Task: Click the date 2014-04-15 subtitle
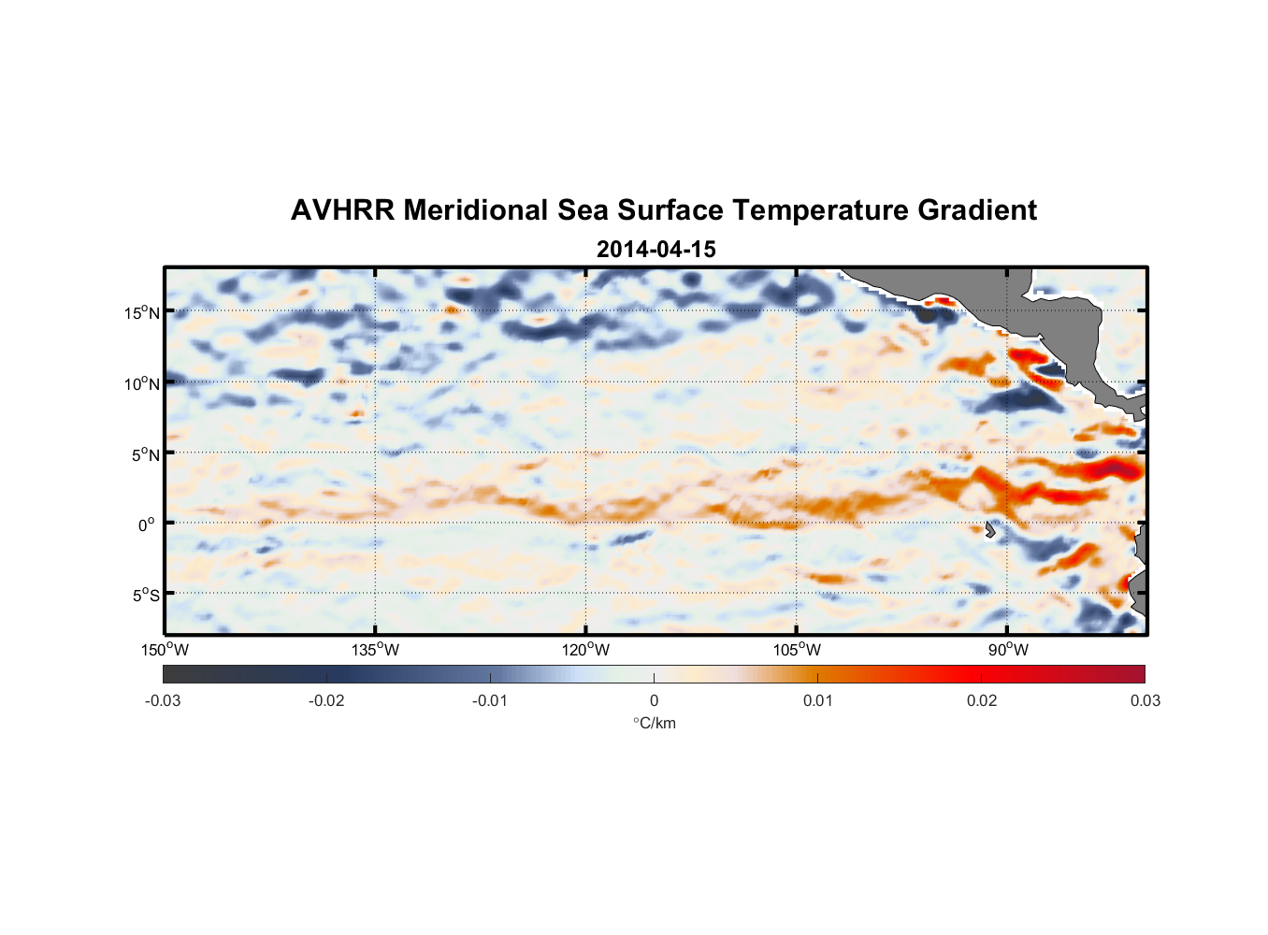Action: [656, 250]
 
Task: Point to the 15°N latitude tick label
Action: [141, 312]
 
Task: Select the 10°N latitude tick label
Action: [141, 383]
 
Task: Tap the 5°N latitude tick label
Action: [144, 454]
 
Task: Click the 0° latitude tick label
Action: [147, 525]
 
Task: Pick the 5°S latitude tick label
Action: [144, 596]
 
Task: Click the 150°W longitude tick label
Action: [165, 650]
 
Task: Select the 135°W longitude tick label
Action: [375, 650]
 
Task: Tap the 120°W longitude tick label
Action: [585, 650]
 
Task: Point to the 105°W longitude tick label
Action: [797, 650]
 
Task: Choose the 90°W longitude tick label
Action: [1008, 650]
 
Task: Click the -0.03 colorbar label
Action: [163, 700]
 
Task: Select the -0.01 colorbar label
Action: [490, 700]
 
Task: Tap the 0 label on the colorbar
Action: [654, 700]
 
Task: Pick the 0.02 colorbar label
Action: [981, 700]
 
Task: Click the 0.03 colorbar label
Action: [1145, 700]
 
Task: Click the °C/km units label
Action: [654, 723]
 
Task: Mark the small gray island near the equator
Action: [989, 530]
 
